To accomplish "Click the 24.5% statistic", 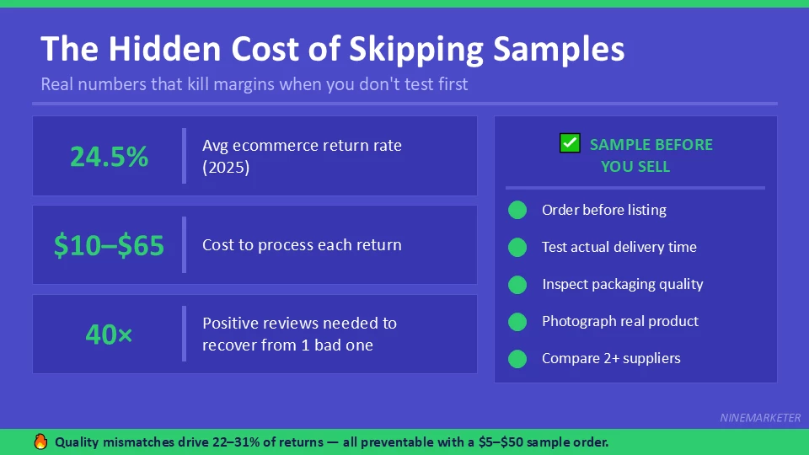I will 109,157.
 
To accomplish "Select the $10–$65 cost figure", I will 109,246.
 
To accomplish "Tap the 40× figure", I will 109,335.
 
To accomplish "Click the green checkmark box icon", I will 570,143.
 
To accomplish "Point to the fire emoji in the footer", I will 40,442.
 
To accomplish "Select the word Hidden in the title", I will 160,50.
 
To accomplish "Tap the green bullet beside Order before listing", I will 517,210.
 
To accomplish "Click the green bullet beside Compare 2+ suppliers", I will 517,358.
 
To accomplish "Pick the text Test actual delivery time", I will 619,247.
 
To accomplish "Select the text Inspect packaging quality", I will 622,284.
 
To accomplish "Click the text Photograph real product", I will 619,321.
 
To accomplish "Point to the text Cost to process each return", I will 302,245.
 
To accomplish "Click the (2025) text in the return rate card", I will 226,167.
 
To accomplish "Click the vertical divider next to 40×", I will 184,334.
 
